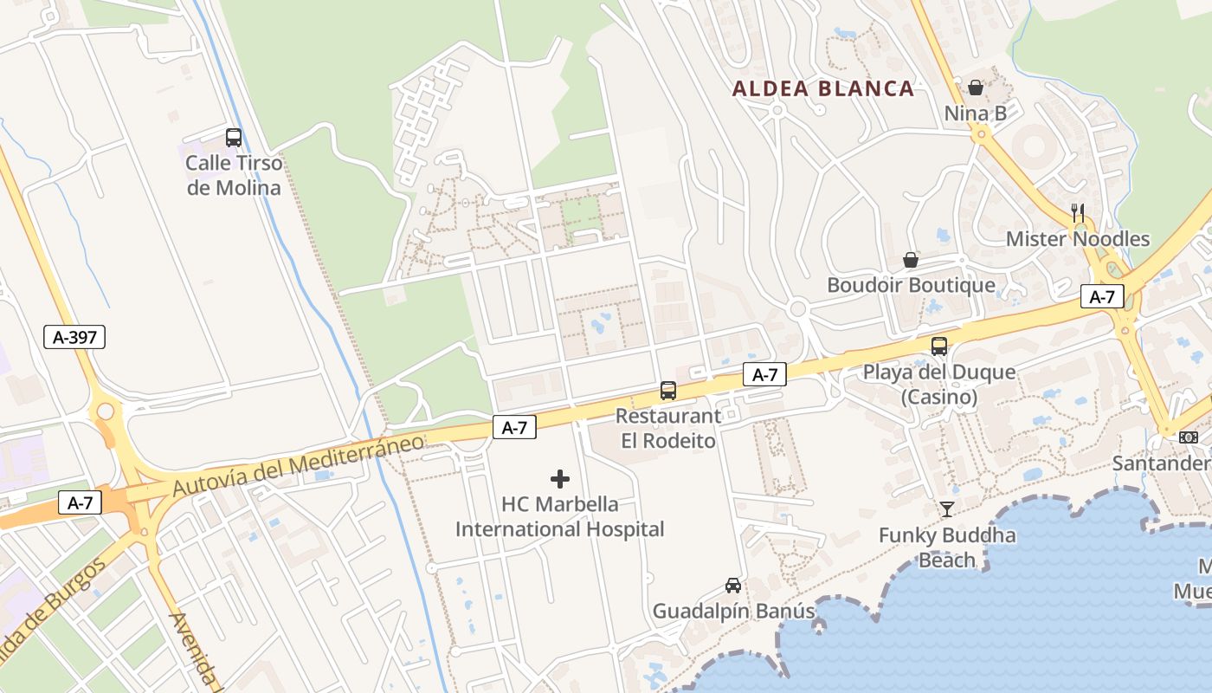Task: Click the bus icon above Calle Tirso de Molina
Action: pos(234,137)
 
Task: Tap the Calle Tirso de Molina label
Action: pos(234,175)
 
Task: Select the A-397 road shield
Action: pos(74,337)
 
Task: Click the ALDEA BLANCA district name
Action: pos(823,88)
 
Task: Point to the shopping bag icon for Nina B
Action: pos(976,87)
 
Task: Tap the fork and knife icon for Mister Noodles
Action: pos(1078,212)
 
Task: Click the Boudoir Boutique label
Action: pos(911,285)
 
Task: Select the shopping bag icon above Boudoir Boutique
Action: pos(911,260)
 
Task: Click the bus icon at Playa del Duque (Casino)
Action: pos(939,346)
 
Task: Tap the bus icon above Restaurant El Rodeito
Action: pos(668,391)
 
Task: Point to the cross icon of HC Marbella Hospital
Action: pos(560,478)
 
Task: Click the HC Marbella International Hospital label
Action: pos(560,516)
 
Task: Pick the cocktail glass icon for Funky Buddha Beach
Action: pos(947,509)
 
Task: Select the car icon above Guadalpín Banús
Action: pos(733,586)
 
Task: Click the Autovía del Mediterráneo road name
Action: pos(299,465)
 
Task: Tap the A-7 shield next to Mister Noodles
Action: pos(1102,297)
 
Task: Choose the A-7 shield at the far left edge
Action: pos(80,502)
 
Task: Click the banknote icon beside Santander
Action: pos(1189,437)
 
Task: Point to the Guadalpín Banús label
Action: pos(733,611)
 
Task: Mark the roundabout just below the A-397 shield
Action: pos(106,410)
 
